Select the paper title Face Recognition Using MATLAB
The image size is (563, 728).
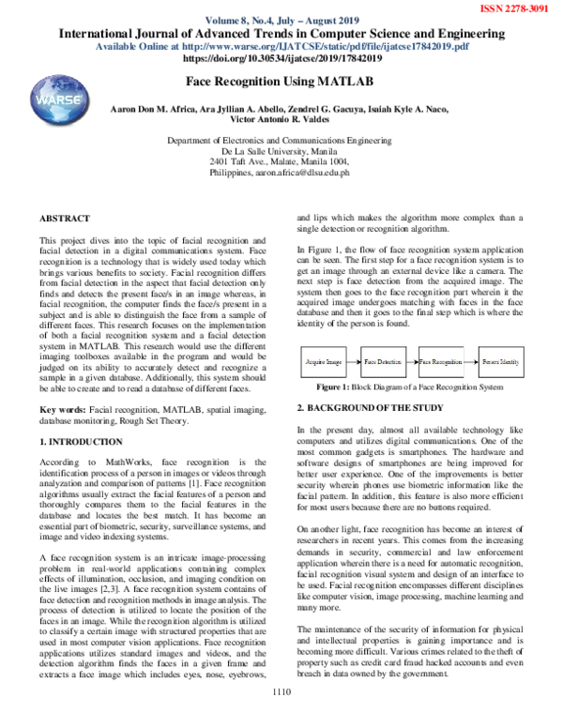(x=281, y=83)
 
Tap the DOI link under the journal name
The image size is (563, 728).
(x=281, y=57)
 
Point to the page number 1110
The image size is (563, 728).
(x=281, y=718)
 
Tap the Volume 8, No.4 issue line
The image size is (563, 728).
(x=281, y=20)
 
